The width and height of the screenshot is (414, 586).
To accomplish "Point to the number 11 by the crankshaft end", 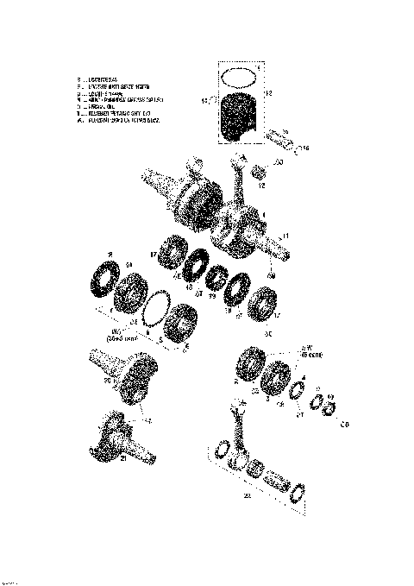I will [285, 235].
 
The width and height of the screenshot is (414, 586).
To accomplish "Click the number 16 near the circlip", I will [305, 149].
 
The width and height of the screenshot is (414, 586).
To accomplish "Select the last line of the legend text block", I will [121, 120].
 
